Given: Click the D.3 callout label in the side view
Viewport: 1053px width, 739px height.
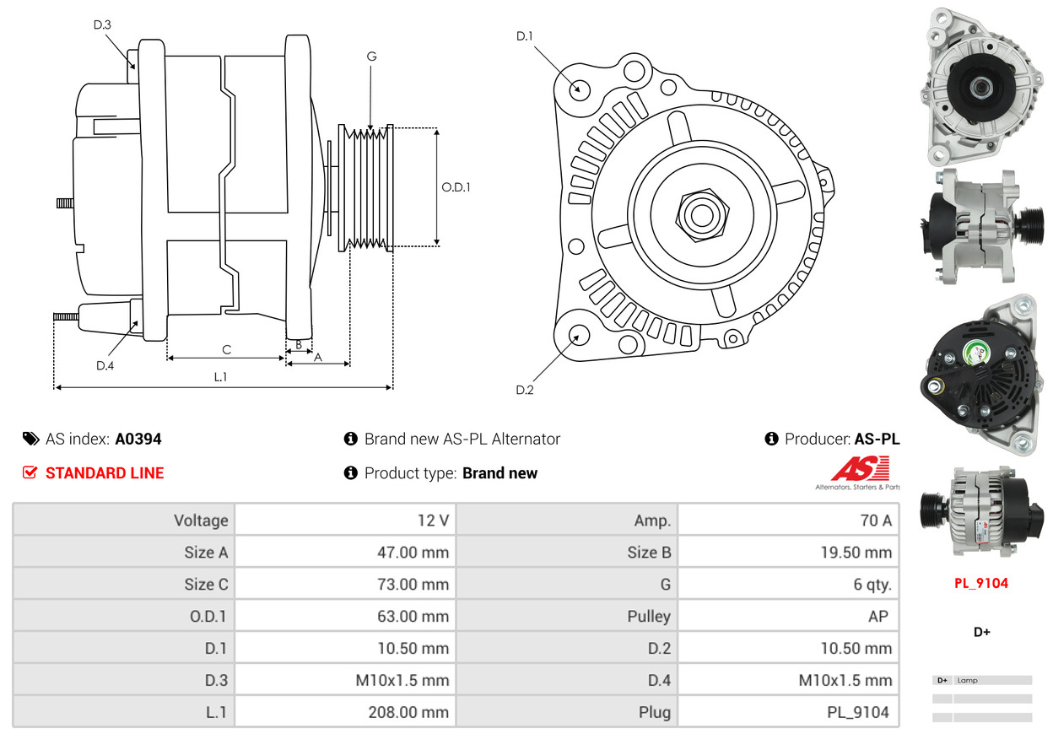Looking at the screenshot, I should [x=102, y=24].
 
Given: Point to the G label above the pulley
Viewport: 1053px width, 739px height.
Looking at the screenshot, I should [x=371, y=57].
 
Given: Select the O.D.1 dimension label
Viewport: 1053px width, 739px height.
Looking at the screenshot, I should [x=456, y=187].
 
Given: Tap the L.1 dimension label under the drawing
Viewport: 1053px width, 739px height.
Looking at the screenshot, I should [x=220, y=377].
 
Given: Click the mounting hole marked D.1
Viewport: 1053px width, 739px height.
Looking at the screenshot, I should [x=579, y=88].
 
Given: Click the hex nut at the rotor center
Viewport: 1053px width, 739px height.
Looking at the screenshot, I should [x=700, y=213].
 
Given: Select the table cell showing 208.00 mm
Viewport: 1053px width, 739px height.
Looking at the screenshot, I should [x=408, y=712].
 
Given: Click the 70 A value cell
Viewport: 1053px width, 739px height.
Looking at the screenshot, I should [x=875, y=521].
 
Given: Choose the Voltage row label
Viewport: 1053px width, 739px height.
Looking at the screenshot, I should [x=201, y=521].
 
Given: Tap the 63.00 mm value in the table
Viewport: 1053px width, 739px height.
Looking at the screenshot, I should [x=413, y=617].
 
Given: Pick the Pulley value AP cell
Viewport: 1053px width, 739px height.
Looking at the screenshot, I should [x=877, y=617].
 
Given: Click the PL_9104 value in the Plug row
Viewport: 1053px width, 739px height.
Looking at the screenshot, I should [x=857, y=712].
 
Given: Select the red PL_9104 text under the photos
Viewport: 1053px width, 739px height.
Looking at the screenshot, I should [x=981, y=583].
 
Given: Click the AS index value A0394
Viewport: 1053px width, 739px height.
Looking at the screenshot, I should [x=138, y=439].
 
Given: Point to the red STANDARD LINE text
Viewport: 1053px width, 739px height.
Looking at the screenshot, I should [x=105, y=473].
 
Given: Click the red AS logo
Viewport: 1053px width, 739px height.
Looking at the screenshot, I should [x=861, y=468].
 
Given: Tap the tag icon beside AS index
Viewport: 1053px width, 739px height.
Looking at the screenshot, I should [x=31, y=439].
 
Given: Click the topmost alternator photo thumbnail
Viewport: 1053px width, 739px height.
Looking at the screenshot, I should [x=982, y=86].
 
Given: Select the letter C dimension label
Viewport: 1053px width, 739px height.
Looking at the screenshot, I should [x=226, y=349].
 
